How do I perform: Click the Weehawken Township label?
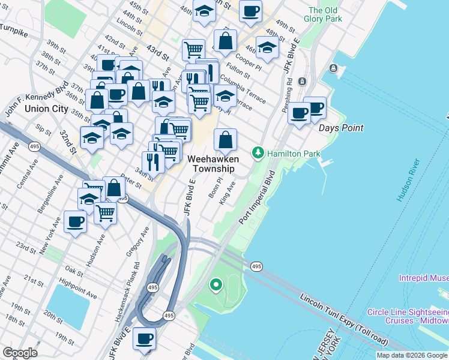(x=213, y=164)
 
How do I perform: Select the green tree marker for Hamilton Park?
(x=258, y=154)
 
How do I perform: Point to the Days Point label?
(x=341, y=128)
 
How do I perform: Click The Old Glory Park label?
(x=325, y=14)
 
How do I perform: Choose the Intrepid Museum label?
(x=424, y=278)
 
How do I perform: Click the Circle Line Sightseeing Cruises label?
(x=408, y=316)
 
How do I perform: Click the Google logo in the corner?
(x=19, y=353)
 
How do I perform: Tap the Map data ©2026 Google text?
(x=412, y=355)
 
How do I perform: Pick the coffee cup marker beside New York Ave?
(x=76, y=221)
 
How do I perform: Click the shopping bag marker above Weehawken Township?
(x=224, y=140)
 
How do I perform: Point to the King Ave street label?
(x=227, y=196)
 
